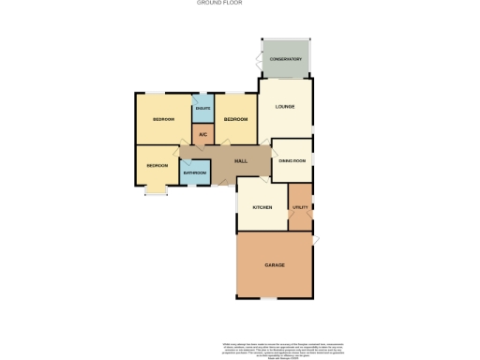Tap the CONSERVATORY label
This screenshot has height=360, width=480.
click(x=285, y=59)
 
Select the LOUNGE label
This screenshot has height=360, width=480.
click(x=284, y=106)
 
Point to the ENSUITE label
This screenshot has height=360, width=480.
click(x=202, y=109)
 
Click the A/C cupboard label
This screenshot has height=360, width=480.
click(x=202, y=134)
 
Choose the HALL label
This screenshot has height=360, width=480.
click(x=240, y=161)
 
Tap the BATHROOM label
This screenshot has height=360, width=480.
click(x=194, y=173)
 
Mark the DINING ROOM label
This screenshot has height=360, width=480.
click(x=292, y=161)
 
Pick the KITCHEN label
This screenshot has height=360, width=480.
click(x=261, y=207)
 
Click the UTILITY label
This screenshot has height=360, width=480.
click(x=300, y=207)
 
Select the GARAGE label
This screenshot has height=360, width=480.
click(x=275, y=265)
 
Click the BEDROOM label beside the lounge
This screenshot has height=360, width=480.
click(x=235, y=120)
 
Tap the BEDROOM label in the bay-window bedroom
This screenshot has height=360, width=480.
click(x=157, y=166)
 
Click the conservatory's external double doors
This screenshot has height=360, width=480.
click(x=258, y=60)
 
